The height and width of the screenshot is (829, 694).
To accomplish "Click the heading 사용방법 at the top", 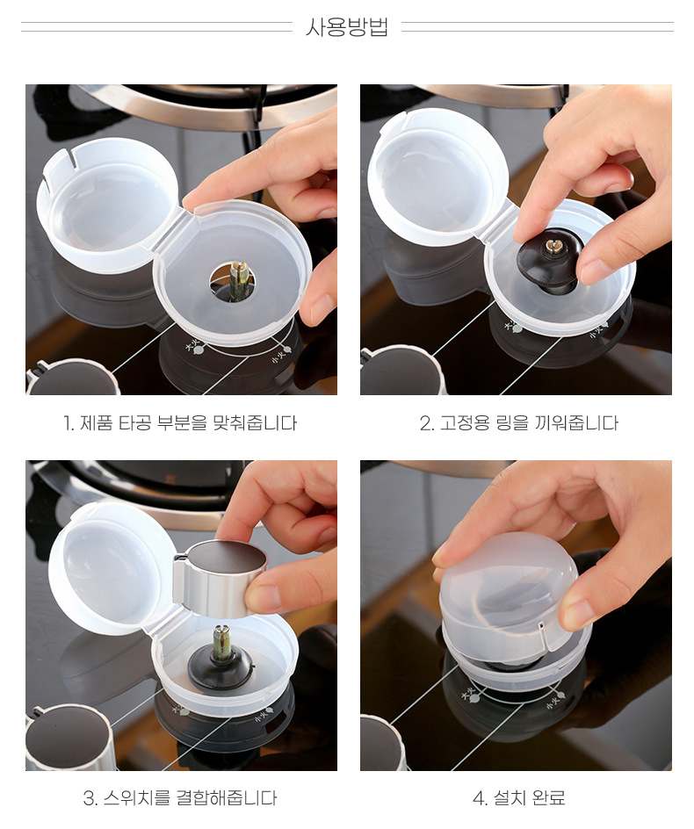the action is [x=347, y=27].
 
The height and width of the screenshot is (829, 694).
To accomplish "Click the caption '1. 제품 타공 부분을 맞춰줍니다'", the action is [x=180, y=423].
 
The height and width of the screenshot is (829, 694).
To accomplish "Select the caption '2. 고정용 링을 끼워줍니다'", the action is [x=519, y=423].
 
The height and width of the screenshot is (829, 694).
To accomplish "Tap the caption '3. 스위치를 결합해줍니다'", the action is [x=180, y=797].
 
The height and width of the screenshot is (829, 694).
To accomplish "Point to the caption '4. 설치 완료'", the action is [x=519, y=797].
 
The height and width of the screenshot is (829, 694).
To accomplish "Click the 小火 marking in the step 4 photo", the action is [x=555, y=697].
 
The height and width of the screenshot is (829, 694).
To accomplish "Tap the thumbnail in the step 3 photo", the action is [x=264, y=597].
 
